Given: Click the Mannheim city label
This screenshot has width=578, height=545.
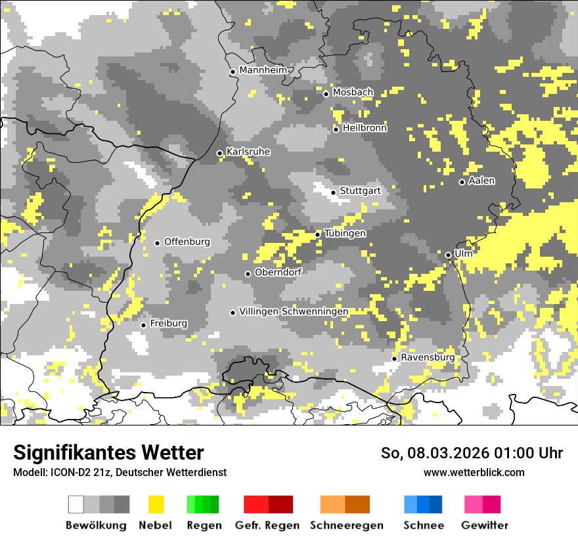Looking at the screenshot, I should pos(263,70).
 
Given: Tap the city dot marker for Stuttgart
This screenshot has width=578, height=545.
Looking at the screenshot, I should pos(334,192).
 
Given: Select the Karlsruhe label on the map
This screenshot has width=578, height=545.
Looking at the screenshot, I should pos(248,152).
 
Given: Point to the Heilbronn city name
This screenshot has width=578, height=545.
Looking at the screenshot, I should pos(365,128).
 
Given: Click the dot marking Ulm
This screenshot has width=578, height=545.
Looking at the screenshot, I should pos(448,255).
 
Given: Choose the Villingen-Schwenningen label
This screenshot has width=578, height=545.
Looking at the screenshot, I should pos(294,311).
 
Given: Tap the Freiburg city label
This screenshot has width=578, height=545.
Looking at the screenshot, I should pos(168,324).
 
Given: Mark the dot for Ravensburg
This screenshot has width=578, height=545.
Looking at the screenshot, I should pos(394,359).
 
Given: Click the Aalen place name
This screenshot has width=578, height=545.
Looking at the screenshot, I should pos(481,181).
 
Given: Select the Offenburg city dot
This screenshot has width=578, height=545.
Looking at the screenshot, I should pos(157,243).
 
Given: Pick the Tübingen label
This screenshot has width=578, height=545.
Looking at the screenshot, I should pos(345,234).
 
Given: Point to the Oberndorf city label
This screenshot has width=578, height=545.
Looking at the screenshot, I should pos(278,272).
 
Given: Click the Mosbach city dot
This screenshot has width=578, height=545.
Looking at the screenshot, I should pos(326,94).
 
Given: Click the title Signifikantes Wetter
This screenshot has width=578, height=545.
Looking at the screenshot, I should pos(108,453).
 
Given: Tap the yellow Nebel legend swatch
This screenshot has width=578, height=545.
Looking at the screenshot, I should pos(156,504).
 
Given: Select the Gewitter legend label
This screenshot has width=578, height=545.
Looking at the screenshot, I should pos(485,525).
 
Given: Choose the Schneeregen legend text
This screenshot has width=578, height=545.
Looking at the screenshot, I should pos(347,525).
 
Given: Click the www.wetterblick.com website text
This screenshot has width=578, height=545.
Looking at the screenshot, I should pos(474,472).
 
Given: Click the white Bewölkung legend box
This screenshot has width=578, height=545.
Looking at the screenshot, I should pos(76,504).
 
